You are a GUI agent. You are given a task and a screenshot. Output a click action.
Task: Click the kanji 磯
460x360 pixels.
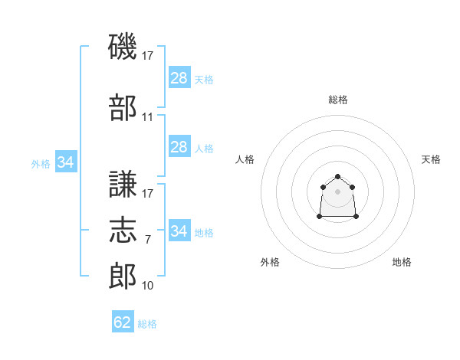123,46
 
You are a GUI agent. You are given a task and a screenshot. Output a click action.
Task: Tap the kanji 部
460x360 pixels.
123,107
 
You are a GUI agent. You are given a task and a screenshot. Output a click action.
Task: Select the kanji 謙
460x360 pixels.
123,184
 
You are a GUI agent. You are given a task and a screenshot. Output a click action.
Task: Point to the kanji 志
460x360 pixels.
123,230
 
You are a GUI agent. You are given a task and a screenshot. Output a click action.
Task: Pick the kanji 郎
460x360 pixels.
123,276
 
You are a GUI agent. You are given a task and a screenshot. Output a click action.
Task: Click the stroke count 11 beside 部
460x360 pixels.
147,117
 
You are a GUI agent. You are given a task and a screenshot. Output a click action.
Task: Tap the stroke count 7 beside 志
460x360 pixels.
148,240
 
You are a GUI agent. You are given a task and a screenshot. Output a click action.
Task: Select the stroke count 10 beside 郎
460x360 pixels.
147,285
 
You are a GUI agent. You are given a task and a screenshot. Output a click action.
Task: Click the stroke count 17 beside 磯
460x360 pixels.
147,56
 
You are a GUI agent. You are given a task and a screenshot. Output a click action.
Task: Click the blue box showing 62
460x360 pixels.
123,321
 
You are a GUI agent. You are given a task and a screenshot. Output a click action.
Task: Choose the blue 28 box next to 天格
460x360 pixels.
179,77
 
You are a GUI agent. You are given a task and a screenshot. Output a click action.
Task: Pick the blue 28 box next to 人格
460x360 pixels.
179,146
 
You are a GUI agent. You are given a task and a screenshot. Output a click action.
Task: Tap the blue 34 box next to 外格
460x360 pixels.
66,162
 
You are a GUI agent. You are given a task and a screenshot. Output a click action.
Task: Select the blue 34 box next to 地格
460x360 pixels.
179,230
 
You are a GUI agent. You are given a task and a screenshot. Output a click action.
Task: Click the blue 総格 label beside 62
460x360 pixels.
147,324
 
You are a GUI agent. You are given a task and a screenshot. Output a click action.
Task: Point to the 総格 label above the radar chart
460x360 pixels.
338,100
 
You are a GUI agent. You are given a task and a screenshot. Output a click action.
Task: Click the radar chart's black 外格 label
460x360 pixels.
270,262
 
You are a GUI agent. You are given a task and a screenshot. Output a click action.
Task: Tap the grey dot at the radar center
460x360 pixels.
337,191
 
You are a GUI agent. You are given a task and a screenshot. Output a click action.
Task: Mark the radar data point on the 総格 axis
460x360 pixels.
337,176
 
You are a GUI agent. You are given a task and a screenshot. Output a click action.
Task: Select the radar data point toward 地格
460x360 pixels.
356,216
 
